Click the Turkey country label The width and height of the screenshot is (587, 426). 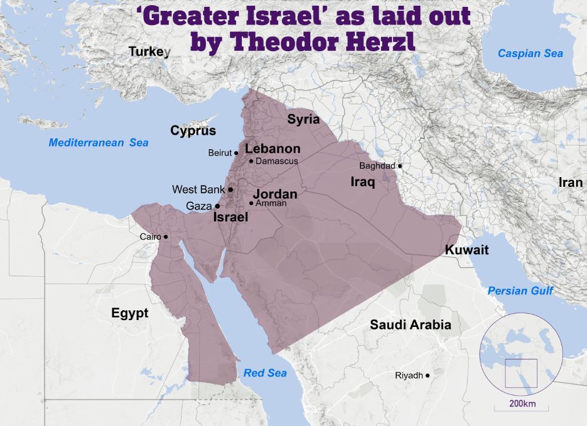point(149,52)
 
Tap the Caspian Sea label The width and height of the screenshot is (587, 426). point(530,54)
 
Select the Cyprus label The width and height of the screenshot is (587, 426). point(193,131)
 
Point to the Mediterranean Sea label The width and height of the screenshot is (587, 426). point(98,143)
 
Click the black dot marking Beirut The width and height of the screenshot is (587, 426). point(236,153)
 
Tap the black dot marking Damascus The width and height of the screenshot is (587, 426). point(251,161)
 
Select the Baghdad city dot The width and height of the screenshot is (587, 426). point(400,166)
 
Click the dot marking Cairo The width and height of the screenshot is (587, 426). point(166,236)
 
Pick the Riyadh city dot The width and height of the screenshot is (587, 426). point(427,375)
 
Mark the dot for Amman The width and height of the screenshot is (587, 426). point(252,203)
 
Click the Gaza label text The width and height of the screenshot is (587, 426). point(199,206)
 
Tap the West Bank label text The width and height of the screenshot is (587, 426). point(198,189)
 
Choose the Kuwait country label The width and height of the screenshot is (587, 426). point(467,250)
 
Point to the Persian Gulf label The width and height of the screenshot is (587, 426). point(520,291)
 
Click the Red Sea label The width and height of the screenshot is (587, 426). point(265,373)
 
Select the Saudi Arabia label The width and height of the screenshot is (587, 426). point(410,325)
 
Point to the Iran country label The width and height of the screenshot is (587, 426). point(570,182)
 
